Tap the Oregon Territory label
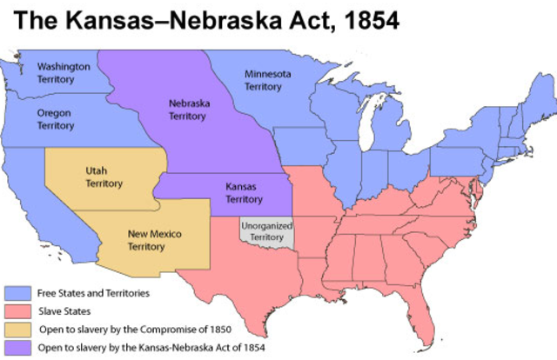pos(56,119)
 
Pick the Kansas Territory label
pos(243,192)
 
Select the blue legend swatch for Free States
pos(16,293)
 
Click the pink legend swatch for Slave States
pos(16,311)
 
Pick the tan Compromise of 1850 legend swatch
pos(16,330)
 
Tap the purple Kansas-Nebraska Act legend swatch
pos(16,347)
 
